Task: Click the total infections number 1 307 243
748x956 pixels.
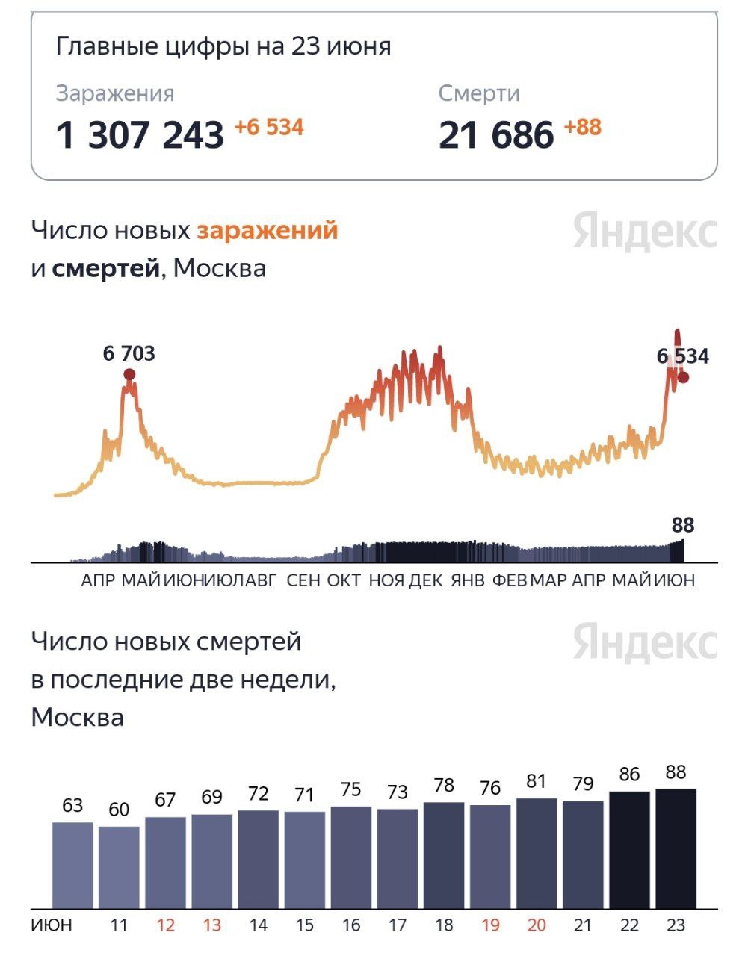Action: coord(140,136)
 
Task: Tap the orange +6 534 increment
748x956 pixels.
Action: coord(269,127)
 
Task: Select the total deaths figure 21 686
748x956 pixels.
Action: coord(496,136)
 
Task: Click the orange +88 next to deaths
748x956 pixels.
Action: coord(582,127)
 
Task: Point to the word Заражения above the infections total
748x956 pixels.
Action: coord(115,93)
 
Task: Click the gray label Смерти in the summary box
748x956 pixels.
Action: coord(479,93)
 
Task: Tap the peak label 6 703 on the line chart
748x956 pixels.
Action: coord(129,353)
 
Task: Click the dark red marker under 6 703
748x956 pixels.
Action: coord(129,374)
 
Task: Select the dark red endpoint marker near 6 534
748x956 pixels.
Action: coord(683,377)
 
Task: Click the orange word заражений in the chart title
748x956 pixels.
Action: coord(267,230)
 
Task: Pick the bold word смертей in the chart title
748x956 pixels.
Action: coord(105,268)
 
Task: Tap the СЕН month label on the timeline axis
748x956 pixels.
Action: coord(303,580)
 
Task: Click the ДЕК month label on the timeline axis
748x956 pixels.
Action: coord(426,580)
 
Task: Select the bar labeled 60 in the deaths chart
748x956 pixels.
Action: coord(119,866)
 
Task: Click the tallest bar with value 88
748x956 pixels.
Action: coord(676,848)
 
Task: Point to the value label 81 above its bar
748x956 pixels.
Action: coord(537,781)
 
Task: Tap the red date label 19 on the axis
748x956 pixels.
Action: coord(490,925)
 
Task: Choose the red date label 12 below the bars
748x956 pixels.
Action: coord(165,925)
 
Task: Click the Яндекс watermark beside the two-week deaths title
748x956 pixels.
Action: coord(645,643)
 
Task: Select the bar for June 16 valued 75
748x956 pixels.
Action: coord(351,857)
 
